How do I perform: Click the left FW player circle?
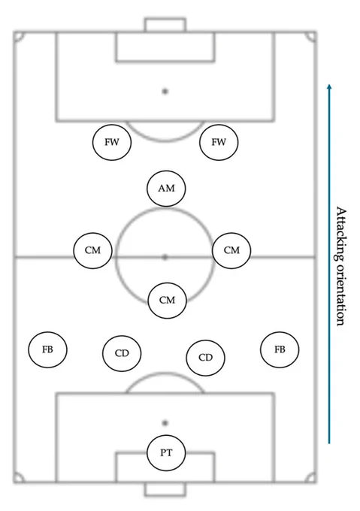112,142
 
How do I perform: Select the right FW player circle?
219,142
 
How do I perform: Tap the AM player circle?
166,189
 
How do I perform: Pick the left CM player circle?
93,250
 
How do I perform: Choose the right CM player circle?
231,250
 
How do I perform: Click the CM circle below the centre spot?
168,300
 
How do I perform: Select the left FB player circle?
47,349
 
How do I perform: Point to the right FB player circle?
280,349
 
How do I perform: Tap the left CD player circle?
122,353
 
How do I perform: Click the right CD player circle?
206,358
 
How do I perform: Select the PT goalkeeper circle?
166,452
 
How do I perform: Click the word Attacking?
341,234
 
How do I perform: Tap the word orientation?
340,295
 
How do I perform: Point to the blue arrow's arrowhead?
329,86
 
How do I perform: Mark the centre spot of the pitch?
165,258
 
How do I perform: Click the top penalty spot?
165,92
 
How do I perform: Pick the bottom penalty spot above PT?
165,423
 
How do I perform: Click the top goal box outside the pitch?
165,19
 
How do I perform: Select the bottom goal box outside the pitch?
165,495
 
